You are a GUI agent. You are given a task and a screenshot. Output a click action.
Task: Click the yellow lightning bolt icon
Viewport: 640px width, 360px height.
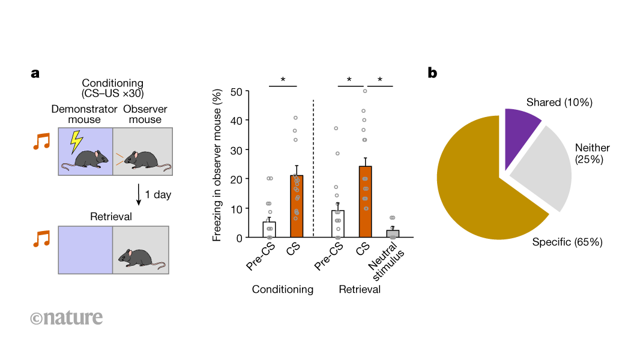coord(76,142)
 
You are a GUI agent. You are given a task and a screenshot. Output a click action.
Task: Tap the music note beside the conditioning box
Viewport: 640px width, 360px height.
coord(41,142)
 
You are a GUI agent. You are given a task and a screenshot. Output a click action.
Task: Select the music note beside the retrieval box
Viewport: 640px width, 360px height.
coord(41,238)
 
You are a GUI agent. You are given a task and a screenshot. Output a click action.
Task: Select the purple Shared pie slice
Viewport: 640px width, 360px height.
coord(520,135)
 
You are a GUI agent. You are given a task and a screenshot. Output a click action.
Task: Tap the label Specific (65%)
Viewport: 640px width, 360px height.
coord(567,242)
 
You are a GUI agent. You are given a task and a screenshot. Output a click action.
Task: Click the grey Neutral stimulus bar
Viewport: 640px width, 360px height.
coord(393,234)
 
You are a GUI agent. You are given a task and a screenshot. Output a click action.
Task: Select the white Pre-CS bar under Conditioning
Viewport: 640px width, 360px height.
coord(269,230)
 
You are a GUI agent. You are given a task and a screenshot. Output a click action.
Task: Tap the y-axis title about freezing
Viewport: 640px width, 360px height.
coord(217,164)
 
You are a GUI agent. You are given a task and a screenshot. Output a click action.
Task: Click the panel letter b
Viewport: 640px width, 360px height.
coord(432,73)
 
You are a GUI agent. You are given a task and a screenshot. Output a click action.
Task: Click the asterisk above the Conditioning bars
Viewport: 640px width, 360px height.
coord(283,80)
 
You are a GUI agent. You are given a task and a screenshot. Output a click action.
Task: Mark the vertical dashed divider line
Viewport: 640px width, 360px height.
coord(314,168)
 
